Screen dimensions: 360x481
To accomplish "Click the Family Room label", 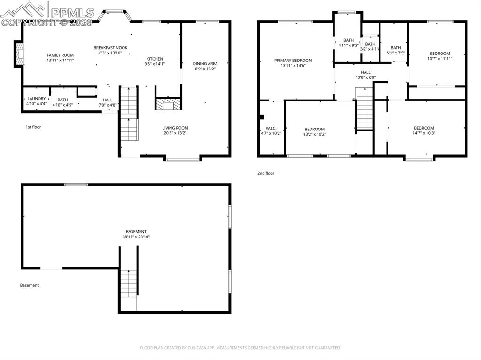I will tap(60, 55).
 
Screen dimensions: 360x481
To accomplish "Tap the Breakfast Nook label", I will tap(110, 48).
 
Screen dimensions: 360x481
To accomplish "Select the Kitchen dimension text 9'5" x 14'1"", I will tap(155, 64).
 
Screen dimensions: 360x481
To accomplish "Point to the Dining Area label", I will tap(206, 63).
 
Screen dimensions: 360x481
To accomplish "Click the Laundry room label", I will tap(36, 99).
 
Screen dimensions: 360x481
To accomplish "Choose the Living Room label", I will tap(175, 128).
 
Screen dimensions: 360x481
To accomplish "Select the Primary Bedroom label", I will tap(293, 61).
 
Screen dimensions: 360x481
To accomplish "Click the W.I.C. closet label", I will tap(271, 128).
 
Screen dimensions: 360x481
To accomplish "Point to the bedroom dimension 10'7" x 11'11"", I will tap(440, 59).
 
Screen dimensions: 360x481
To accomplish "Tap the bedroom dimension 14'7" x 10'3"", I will tap(424, 133).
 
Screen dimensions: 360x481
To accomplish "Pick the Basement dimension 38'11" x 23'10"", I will tap(136, 237).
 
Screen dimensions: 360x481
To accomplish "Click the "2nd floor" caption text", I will tap(265, 173).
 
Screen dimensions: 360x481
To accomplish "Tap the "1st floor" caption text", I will tap(33, 127).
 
